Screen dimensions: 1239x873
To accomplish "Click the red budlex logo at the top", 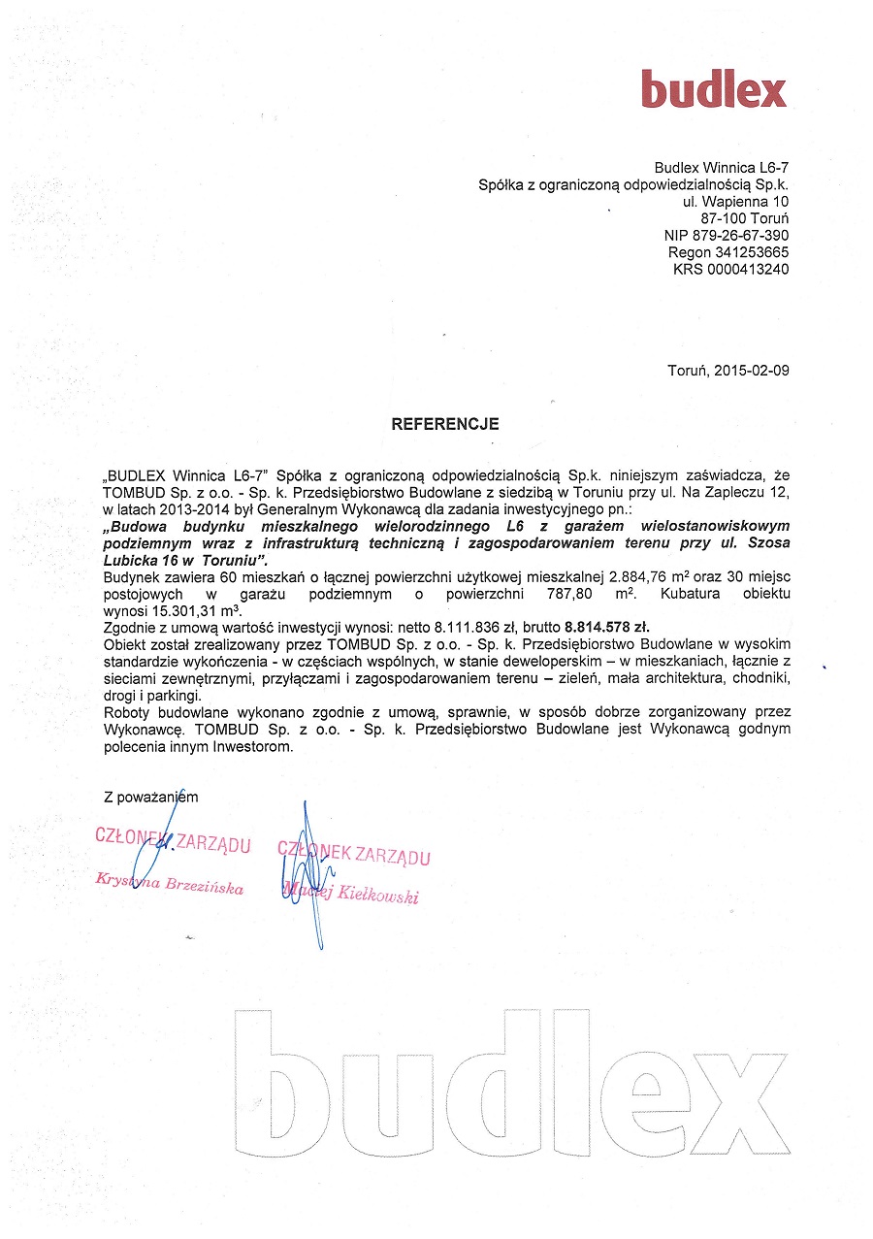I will [713, 89].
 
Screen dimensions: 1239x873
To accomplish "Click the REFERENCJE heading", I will [444, 424].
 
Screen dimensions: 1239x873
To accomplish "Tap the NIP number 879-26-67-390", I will [741, 236].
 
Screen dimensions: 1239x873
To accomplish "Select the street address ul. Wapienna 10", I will [735, 202].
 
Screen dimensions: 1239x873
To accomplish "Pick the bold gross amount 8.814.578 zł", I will [593, 627].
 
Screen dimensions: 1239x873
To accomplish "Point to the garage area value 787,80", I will [579, 594].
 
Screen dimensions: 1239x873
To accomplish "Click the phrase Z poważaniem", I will [150, 797].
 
